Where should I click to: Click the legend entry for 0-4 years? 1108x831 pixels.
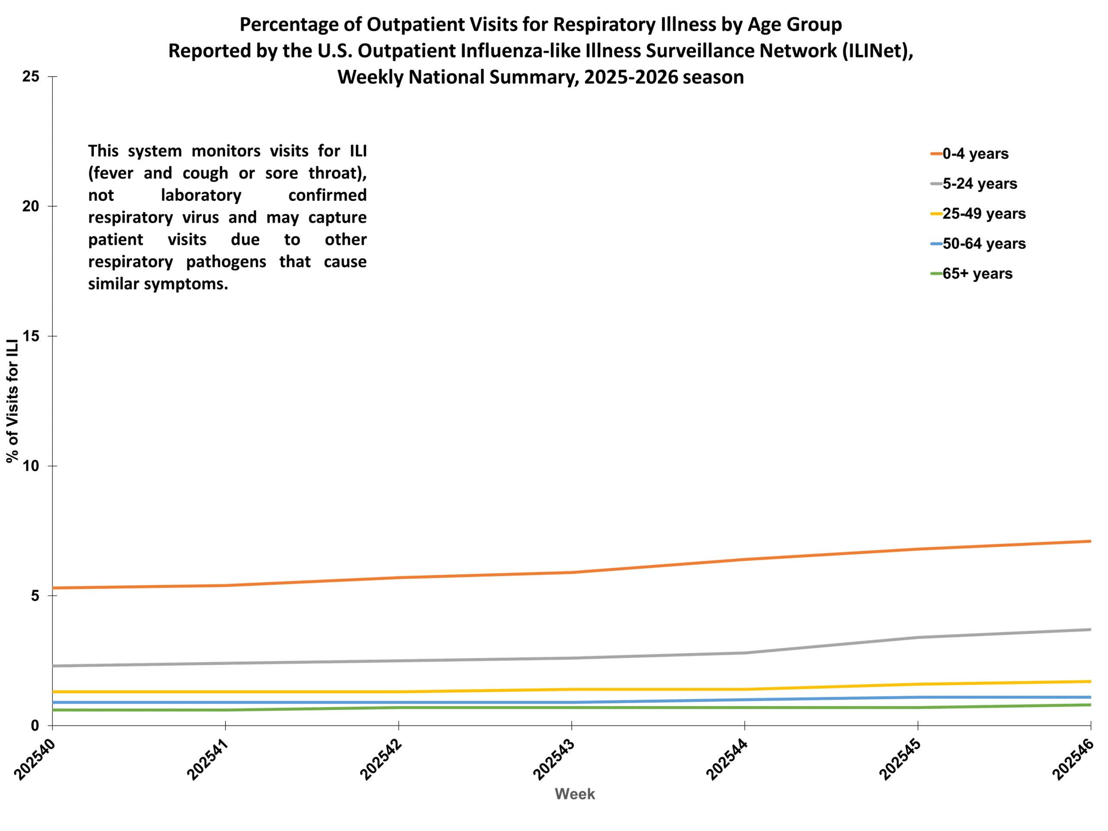point(975,154)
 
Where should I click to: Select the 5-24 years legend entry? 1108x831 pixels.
point(979,184)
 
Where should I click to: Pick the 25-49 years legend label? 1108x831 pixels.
point(983,214)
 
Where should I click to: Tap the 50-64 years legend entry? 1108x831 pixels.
point(983,244)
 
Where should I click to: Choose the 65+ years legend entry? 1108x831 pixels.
point(977,274)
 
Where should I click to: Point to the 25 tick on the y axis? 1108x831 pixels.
point(31,77)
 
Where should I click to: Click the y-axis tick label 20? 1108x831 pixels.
point(31,206)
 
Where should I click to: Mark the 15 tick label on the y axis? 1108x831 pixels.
point(31,336)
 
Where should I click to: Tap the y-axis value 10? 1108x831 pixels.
point(31,466)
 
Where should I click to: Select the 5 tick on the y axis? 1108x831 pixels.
point(35,596)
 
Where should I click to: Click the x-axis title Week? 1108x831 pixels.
point(574,794)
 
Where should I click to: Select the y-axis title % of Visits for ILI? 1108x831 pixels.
point(13,401)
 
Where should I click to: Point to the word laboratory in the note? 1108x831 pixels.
point(201,195)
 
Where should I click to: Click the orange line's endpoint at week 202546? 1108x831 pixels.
point(1090,541)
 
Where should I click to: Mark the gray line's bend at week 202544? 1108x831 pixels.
point(745,653)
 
